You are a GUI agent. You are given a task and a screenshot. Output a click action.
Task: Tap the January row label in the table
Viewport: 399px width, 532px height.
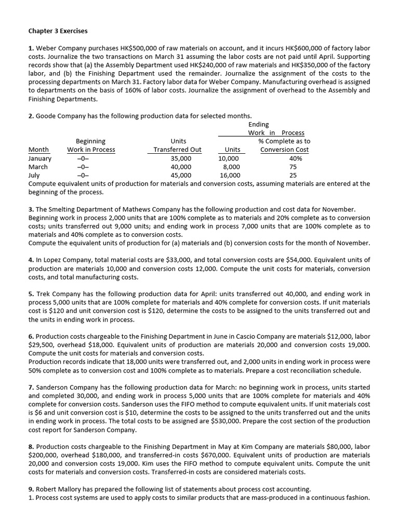[40, 158]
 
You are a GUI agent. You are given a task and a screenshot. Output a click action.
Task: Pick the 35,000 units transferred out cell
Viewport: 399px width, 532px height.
[181, 158]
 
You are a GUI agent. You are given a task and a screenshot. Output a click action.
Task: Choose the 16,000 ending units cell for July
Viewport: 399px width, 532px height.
[230, 176]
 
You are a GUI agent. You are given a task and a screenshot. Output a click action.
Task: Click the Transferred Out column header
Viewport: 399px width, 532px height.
[178, 150]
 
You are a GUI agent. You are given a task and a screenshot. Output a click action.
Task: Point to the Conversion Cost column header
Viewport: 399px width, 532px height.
[284, 150]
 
